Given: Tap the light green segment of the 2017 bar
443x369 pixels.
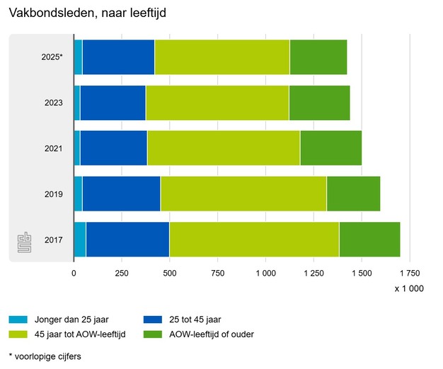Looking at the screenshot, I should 254,240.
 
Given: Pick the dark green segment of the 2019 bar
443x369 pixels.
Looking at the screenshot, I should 353,194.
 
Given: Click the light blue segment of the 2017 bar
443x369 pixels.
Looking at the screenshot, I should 80,240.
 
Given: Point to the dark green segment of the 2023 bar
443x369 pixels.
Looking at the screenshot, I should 319,102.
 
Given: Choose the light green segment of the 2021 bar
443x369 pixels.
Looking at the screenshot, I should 223,148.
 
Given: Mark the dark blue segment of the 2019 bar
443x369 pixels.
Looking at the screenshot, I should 121,194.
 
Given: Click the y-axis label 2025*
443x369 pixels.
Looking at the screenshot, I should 52,57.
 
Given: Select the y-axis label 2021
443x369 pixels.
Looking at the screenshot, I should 53,148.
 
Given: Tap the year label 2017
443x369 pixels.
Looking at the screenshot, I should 53,240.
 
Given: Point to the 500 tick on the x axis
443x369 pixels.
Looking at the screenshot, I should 170,272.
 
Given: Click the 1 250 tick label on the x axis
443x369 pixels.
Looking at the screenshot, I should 314,272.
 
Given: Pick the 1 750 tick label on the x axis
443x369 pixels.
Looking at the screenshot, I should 410,272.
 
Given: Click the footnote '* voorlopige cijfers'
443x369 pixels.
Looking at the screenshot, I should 45,356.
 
